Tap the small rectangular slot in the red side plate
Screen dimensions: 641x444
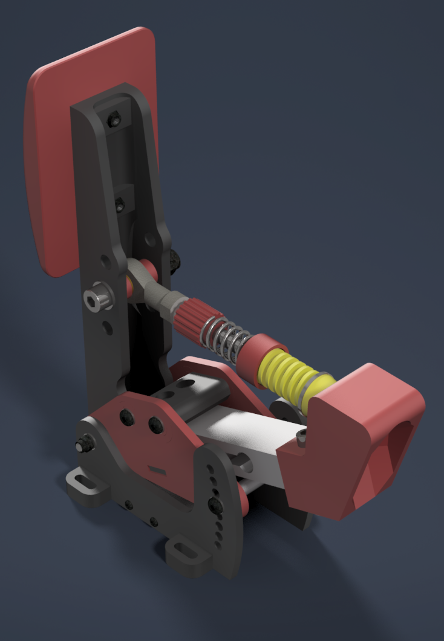click(157, 469)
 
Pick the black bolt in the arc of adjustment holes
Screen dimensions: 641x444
click(215, 504)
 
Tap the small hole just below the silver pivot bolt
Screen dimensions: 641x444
click(107, 327)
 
